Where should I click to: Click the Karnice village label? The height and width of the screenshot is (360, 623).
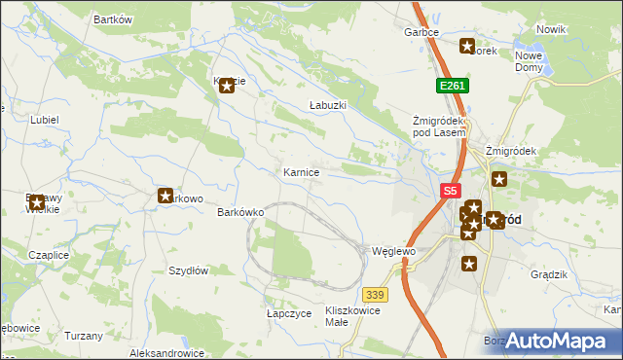coord(301,172)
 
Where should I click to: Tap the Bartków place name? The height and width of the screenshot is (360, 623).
coord(112,19)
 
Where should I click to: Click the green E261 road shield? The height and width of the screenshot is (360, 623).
coord(452,86)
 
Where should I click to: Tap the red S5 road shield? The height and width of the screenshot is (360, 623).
coord(450,192)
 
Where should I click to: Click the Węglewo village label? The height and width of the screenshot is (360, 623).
coord(394,251)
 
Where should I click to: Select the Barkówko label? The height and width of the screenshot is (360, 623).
coord(241,212)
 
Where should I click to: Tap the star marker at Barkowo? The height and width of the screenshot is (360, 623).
coord(165,197)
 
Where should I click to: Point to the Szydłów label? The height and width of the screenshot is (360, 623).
coord(189,270)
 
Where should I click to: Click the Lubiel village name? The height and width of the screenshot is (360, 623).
coord(45,119)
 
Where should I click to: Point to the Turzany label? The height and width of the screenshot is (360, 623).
coord(84,335)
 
